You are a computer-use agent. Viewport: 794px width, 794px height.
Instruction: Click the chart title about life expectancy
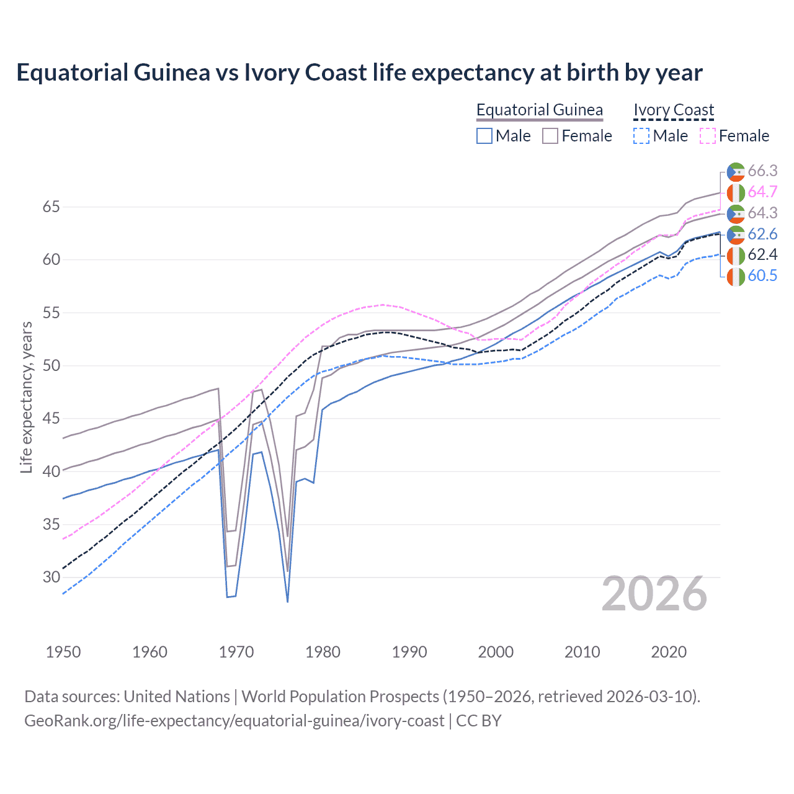click(359, 73)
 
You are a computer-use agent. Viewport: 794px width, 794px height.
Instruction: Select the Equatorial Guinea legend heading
click(539, 110)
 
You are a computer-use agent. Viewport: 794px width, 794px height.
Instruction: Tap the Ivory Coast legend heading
click(674, 110)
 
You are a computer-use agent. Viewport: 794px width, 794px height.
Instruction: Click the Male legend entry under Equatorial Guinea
click(504, 136)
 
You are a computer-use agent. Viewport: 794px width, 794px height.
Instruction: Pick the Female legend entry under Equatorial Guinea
click(578, 136)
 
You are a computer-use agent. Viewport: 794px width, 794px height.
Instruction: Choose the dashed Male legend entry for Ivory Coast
click(661, 136)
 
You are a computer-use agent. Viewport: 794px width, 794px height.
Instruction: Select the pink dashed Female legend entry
click(734, 136)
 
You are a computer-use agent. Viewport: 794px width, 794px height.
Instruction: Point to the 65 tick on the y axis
click(51, 207)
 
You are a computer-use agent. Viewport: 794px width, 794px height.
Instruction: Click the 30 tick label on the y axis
click(51, 577)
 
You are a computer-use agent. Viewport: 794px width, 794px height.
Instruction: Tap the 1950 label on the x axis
click(63, 652)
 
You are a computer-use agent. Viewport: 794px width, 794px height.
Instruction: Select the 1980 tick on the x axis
click(323, 652)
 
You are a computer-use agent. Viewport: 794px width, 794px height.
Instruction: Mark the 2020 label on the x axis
click(669, 652)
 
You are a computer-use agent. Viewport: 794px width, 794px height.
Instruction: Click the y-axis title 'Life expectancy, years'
click(26, 397)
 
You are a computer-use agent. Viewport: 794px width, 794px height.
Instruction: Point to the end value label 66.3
click(762, 171)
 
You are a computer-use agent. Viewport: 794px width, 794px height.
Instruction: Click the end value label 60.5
click(762, 276)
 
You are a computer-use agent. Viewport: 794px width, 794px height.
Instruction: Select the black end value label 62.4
click(762, 255)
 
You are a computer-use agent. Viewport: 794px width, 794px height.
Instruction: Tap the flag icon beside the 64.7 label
click(736, 192)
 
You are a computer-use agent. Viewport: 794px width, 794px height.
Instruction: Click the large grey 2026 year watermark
click(654, 594)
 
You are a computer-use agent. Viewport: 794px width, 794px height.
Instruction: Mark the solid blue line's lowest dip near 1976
click(287, 601)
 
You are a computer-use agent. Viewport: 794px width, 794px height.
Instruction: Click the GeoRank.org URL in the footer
click(234, 721)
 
